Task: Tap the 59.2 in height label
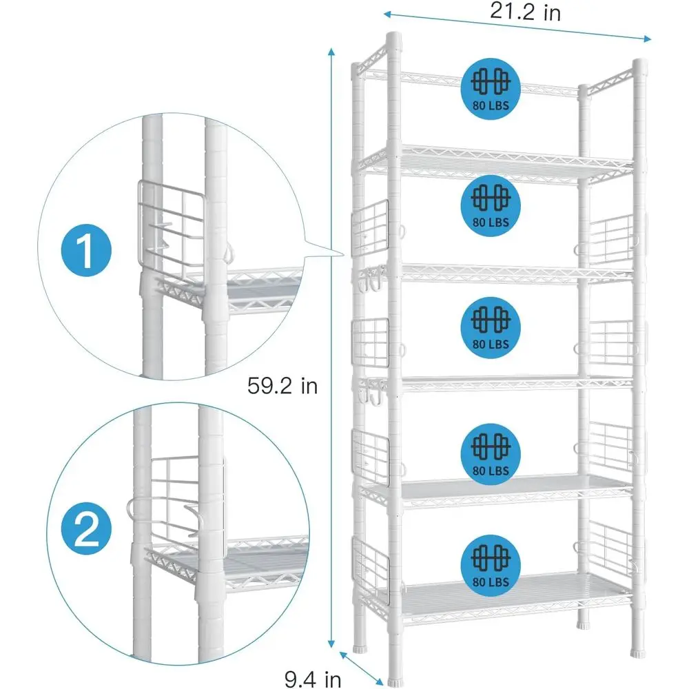282,385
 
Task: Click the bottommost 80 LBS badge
490,562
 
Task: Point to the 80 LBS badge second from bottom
490,452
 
